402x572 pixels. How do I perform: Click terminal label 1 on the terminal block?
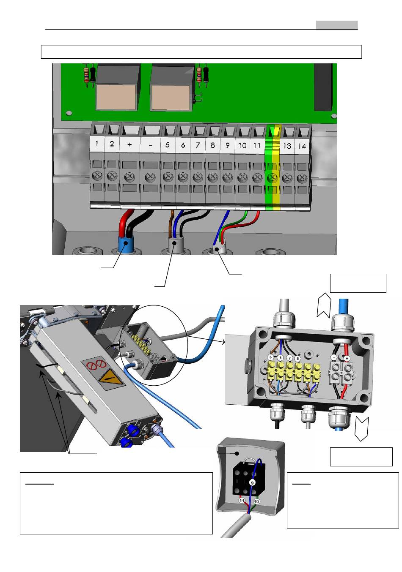[x=96, y=144]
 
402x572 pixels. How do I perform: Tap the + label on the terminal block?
[x=129, y=144]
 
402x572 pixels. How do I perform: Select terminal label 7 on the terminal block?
[x=198, y=145]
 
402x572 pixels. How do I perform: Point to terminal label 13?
[x=287, y=146]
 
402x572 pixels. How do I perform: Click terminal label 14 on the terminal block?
[x=302, y=146]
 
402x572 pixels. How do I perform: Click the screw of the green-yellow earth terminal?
[x=272, y=177]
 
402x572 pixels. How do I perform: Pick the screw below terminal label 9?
[x=227, y=177]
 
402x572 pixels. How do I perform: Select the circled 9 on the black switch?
[x=252, y=482]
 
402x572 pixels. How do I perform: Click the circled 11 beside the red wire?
[x=242, y=501]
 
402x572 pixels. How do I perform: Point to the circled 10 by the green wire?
[x=256, y=501]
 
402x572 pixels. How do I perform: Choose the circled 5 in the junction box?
[x=271, y=357]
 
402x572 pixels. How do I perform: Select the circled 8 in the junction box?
[x=297, y=359]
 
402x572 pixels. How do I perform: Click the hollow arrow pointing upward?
[x=324, y=305]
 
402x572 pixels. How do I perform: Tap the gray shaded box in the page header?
[x=336, y=25]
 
